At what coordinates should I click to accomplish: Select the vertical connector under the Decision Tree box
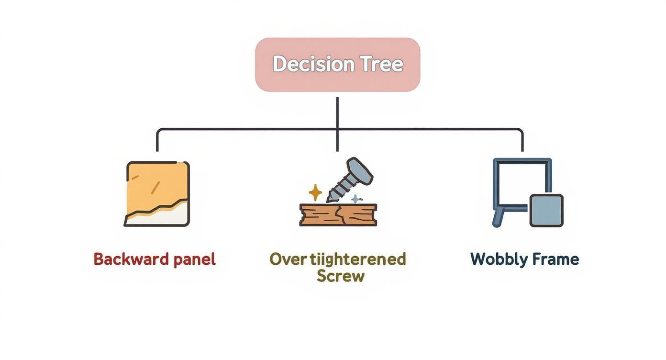tap(337, 112)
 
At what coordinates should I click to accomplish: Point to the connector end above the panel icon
tap(157, 146)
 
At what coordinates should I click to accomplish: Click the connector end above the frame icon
tap(522, 146)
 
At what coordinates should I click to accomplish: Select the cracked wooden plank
tap(338, 215)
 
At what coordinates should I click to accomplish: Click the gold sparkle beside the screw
tap(315, 192)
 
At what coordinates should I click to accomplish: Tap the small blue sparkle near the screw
tap(355, 199)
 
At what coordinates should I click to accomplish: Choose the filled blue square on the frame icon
tap(546, 211)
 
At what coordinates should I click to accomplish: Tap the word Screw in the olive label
tap(340, 276)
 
